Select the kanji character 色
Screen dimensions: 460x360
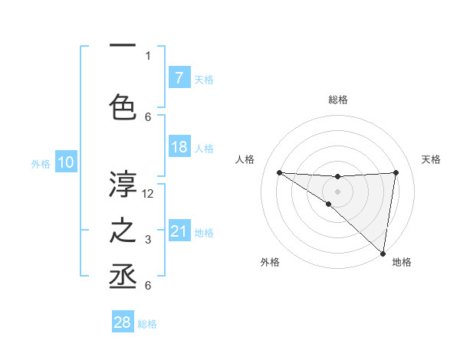click(123, 106)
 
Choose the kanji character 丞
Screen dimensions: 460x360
click(123, 276)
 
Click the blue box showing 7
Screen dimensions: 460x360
click(179, 78)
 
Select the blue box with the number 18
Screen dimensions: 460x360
click(179, 147)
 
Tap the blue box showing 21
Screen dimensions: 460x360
click(179, 231)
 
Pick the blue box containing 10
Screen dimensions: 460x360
click(65, 162)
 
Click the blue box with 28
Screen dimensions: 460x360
click(123, 323)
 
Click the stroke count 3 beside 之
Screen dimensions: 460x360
click(148, 241)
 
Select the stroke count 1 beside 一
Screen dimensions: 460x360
click(148, 55)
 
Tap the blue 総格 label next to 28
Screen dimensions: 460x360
click(147, 324)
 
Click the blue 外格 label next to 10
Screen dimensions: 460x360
click(41, 163)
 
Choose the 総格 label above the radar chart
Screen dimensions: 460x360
click(338, 100)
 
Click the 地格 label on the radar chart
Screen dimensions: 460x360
click(402, 262)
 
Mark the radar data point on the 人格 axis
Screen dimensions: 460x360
click(279, 172)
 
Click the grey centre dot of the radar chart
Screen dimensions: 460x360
click(337, 191)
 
